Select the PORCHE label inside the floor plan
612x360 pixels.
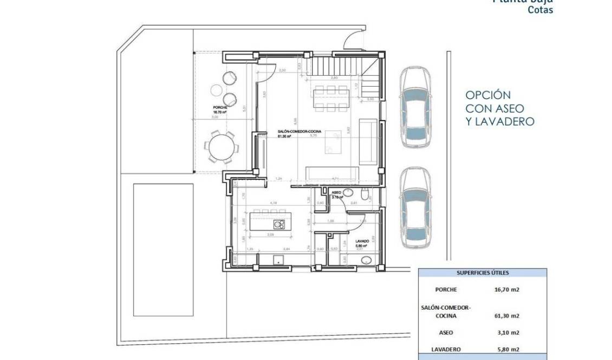pyautogui.click(x=220, y=108)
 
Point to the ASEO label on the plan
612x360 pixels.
pyautogui.click(x=336, y=192)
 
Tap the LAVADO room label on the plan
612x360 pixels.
pyautogui.click(x=362, y=241)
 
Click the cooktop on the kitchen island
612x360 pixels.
pyautogui.click(x=278, y=224)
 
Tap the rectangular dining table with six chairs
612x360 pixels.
pyautogui.click(x=330, y=98)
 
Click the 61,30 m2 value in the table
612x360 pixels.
pyautogui.click(x=507, y=316)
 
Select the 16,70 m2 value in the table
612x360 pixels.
pyautogui.click(x=507, y=290)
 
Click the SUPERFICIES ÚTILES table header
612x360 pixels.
pyautogui.click(x=483, y=273)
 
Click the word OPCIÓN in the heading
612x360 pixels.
pyautogui.click(x=488, y=95)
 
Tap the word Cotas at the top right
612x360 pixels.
pyautogui.click(x=541, y=10)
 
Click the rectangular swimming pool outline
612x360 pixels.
pyautogui.click(x=164, y=249)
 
